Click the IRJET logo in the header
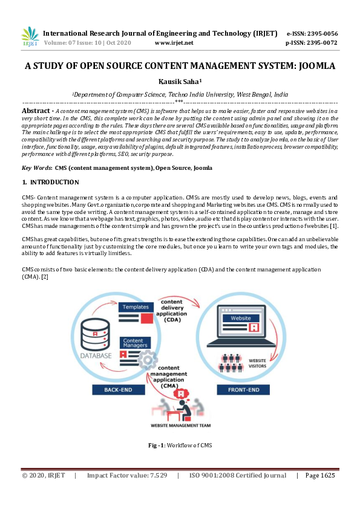pyautogui.click(x=30, y=37)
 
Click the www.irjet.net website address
pyautogui.click(x=174, y=43)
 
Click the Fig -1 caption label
pyautogui.click(x=157, y=446)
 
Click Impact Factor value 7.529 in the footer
pyautogui.click(x=127, y=476)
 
